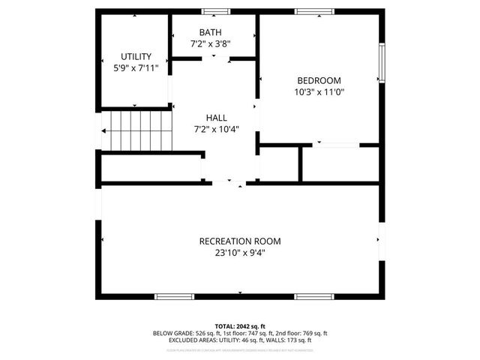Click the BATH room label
210,31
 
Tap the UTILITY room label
136,56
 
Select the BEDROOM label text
319,80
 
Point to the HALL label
216,118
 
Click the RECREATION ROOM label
239,241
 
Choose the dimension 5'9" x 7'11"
136,67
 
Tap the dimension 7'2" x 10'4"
216,129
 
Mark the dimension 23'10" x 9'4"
239,253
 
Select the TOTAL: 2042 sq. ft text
240,325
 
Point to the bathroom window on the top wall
216,11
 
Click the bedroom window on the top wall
313,11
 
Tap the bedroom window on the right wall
382,63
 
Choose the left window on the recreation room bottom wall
174,296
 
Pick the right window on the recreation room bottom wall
313,296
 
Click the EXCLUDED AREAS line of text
240,340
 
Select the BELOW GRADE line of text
240,333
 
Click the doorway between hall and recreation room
233,182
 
